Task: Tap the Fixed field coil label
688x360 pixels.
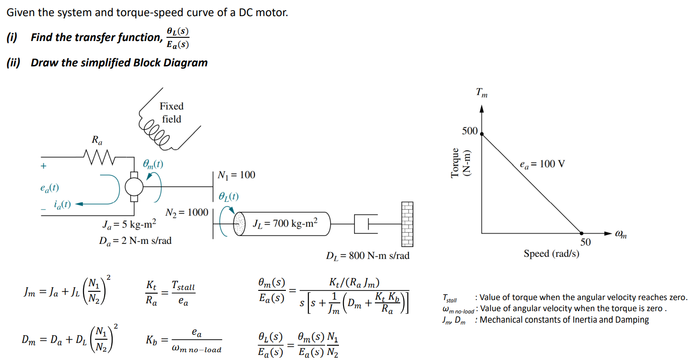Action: click(x=172, y=112)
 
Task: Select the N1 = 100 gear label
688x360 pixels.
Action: click(x=236, y=175)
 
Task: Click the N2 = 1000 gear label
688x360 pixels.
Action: click(x=187, y=212)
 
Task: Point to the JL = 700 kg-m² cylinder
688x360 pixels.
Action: click(x=283, y=224)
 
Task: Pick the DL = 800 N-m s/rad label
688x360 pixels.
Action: click(x=367, y=255)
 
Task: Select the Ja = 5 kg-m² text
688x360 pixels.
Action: click(x=129, y=226)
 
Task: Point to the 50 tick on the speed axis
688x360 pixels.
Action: click(x=585, y=242)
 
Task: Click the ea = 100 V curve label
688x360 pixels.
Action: click(x=541, y=164)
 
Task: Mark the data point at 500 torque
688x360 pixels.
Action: click(x=482, y=134)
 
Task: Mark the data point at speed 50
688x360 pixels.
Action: click(x=582, y=233)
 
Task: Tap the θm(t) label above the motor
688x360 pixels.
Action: click(x=153, y=163)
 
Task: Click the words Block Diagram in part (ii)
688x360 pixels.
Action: click(x=170, y=63)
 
